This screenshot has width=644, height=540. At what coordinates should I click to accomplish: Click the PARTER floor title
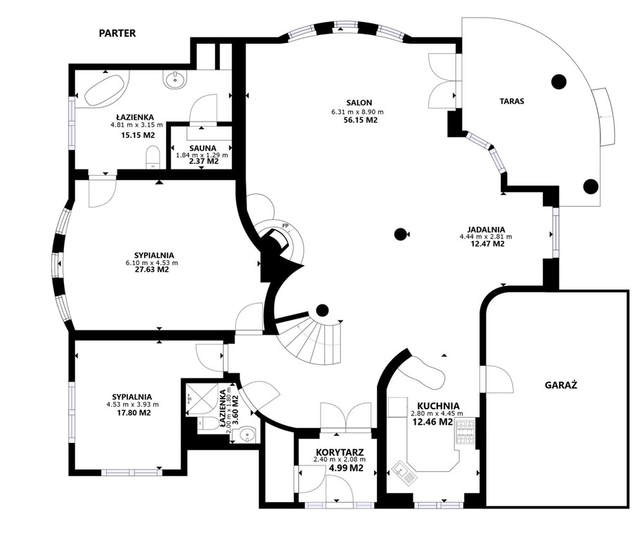(x=117, y=33)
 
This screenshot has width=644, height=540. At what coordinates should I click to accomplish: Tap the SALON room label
(x=359, y=103)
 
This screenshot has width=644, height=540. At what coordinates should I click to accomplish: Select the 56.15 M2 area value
(x=360, y=120)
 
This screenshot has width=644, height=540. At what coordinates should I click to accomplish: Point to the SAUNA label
(x=203, y=148)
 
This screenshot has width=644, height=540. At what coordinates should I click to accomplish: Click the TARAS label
(x=512, y=101)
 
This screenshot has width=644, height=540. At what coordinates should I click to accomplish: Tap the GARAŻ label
(x=561, y=385)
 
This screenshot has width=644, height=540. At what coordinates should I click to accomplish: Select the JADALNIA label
(x=486, y=230)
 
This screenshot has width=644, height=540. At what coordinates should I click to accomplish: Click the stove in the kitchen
(x=464, y=434)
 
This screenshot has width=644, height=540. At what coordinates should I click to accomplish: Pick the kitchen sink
(x=404, y=472)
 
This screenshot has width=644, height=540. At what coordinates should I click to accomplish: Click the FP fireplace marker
(x=285, y=226)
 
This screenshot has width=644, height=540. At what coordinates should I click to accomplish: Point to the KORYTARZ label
(x=338, y=453)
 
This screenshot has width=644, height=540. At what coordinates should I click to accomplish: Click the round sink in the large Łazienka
(x=176, y=79)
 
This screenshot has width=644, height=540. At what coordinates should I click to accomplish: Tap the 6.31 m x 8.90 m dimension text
(x=357, y=112)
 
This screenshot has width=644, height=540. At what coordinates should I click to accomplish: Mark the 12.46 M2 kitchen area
(x=432, y=422)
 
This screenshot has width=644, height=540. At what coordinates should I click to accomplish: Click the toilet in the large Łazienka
(x=153, y=157)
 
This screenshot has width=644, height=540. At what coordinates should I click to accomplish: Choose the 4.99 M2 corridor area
(x=346, y=468)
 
